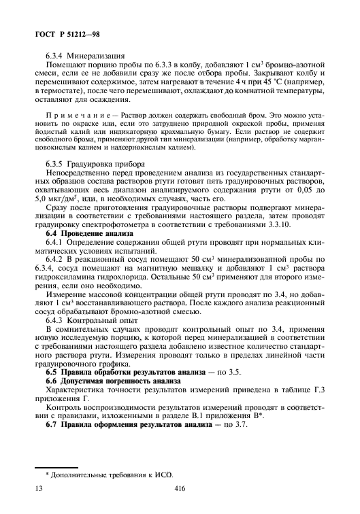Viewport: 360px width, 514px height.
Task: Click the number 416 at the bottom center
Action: [180, 507]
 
